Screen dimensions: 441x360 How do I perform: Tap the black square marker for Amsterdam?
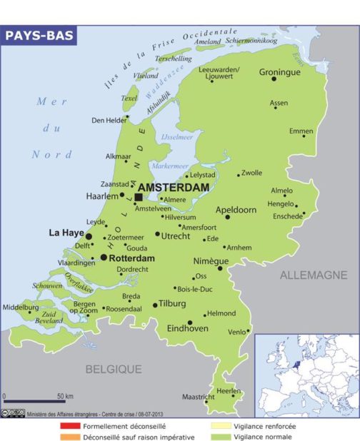point(139,197)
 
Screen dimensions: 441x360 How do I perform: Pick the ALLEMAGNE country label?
point(313,275)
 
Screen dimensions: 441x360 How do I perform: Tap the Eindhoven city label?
point(187,328)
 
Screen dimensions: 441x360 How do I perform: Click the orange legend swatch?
point(69,436)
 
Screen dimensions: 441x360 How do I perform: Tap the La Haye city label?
point(66,233)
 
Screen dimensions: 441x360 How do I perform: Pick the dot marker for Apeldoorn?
point(228,217)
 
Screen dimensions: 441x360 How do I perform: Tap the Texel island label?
point(129,98)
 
